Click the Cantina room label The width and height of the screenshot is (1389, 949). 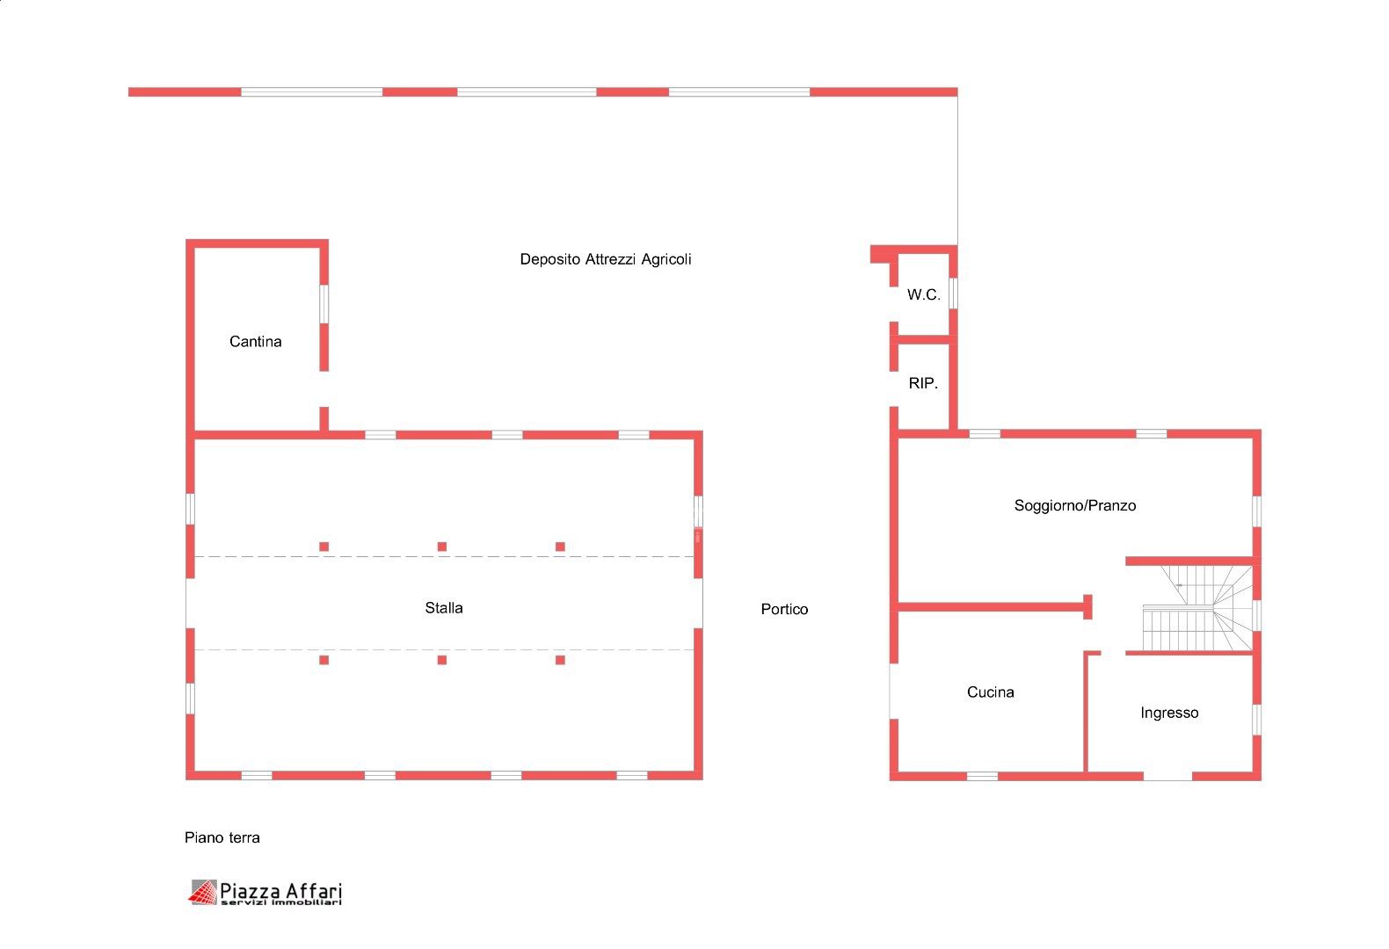point(256,342)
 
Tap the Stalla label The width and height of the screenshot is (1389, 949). point(444,608)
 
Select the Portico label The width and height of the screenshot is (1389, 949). point(784,609)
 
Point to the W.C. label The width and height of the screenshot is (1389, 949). point(923,295)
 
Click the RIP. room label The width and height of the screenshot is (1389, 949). point(923,384)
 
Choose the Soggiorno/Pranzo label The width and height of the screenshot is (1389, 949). point(1075,506)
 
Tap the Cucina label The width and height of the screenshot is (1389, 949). point(990,692)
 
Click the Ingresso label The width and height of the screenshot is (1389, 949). point(1169,714)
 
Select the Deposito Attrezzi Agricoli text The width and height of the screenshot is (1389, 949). point(605,260)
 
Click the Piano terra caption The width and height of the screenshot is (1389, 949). point(222,838)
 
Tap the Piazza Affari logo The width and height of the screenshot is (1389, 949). point(265,894)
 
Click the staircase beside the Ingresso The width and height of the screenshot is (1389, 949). point(1196,608)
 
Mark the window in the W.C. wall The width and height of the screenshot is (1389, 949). point(953,293)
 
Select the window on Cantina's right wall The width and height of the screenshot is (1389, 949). point(324,304)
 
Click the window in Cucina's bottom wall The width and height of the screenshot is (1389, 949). point(982,776)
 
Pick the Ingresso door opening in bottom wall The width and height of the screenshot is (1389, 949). point(1167,776)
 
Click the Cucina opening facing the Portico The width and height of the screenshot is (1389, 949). point(894,692)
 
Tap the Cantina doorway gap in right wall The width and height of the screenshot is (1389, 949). point(324,389)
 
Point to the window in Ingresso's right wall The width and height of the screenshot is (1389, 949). point(1256,720)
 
